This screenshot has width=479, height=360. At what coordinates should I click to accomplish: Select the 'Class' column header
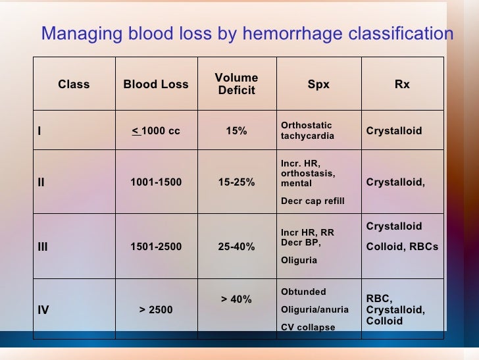pos(74,84)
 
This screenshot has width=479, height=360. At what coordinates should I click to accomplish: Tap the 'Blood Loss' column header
pos(156,84)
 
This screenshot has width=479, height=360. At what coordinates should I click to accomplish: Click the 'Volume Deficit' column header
pos(236,84)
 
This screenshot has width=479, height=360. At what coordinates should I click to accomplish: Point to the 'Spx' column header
pos(318,84)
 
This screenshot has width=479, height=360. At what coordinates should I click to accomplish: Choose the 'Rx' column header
pos(402,84)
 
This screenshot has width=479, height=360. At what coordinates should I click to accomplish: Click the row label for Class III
pos(43,247)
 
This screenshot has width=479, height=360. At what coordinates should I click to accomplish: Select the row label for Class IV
pos(43,309)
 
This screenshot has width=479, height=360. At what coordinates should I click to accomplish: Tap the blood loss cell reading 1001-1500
pos(156,182)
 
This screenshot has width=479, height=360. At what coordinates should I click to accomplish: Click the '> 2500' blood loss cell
pos(156,309)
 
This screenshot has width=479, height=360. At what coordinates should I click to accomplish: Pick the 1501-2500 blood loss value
pos(156,247)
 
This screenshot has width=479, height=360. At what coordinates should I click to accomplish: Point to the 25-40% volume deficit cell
pos(236,247)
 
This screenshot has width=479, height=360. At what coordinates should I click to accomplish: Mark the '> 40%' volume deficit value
pos(236,299)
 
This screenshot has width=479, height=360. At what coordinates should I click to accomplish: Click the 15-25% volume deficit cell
pos(236,182)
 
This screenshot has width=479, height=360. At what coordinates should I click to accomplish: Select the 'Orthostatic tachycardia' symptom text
pos(307,130)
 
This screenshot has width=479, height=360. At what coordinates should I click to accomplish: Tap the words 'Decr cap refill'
pos(312,201)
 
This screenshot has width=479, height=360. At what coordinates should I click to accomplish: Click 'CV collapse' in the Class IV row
pos(308,327)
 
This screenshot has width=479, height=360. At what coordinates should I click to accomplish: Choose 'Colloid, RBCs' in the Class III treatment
pos(401,247)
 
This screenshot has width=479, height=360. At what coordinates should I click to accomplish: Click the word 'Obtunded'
pos(303,292)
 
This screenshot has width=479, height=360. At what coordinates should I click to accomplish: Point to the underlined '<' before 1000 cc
pos(136,130)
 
